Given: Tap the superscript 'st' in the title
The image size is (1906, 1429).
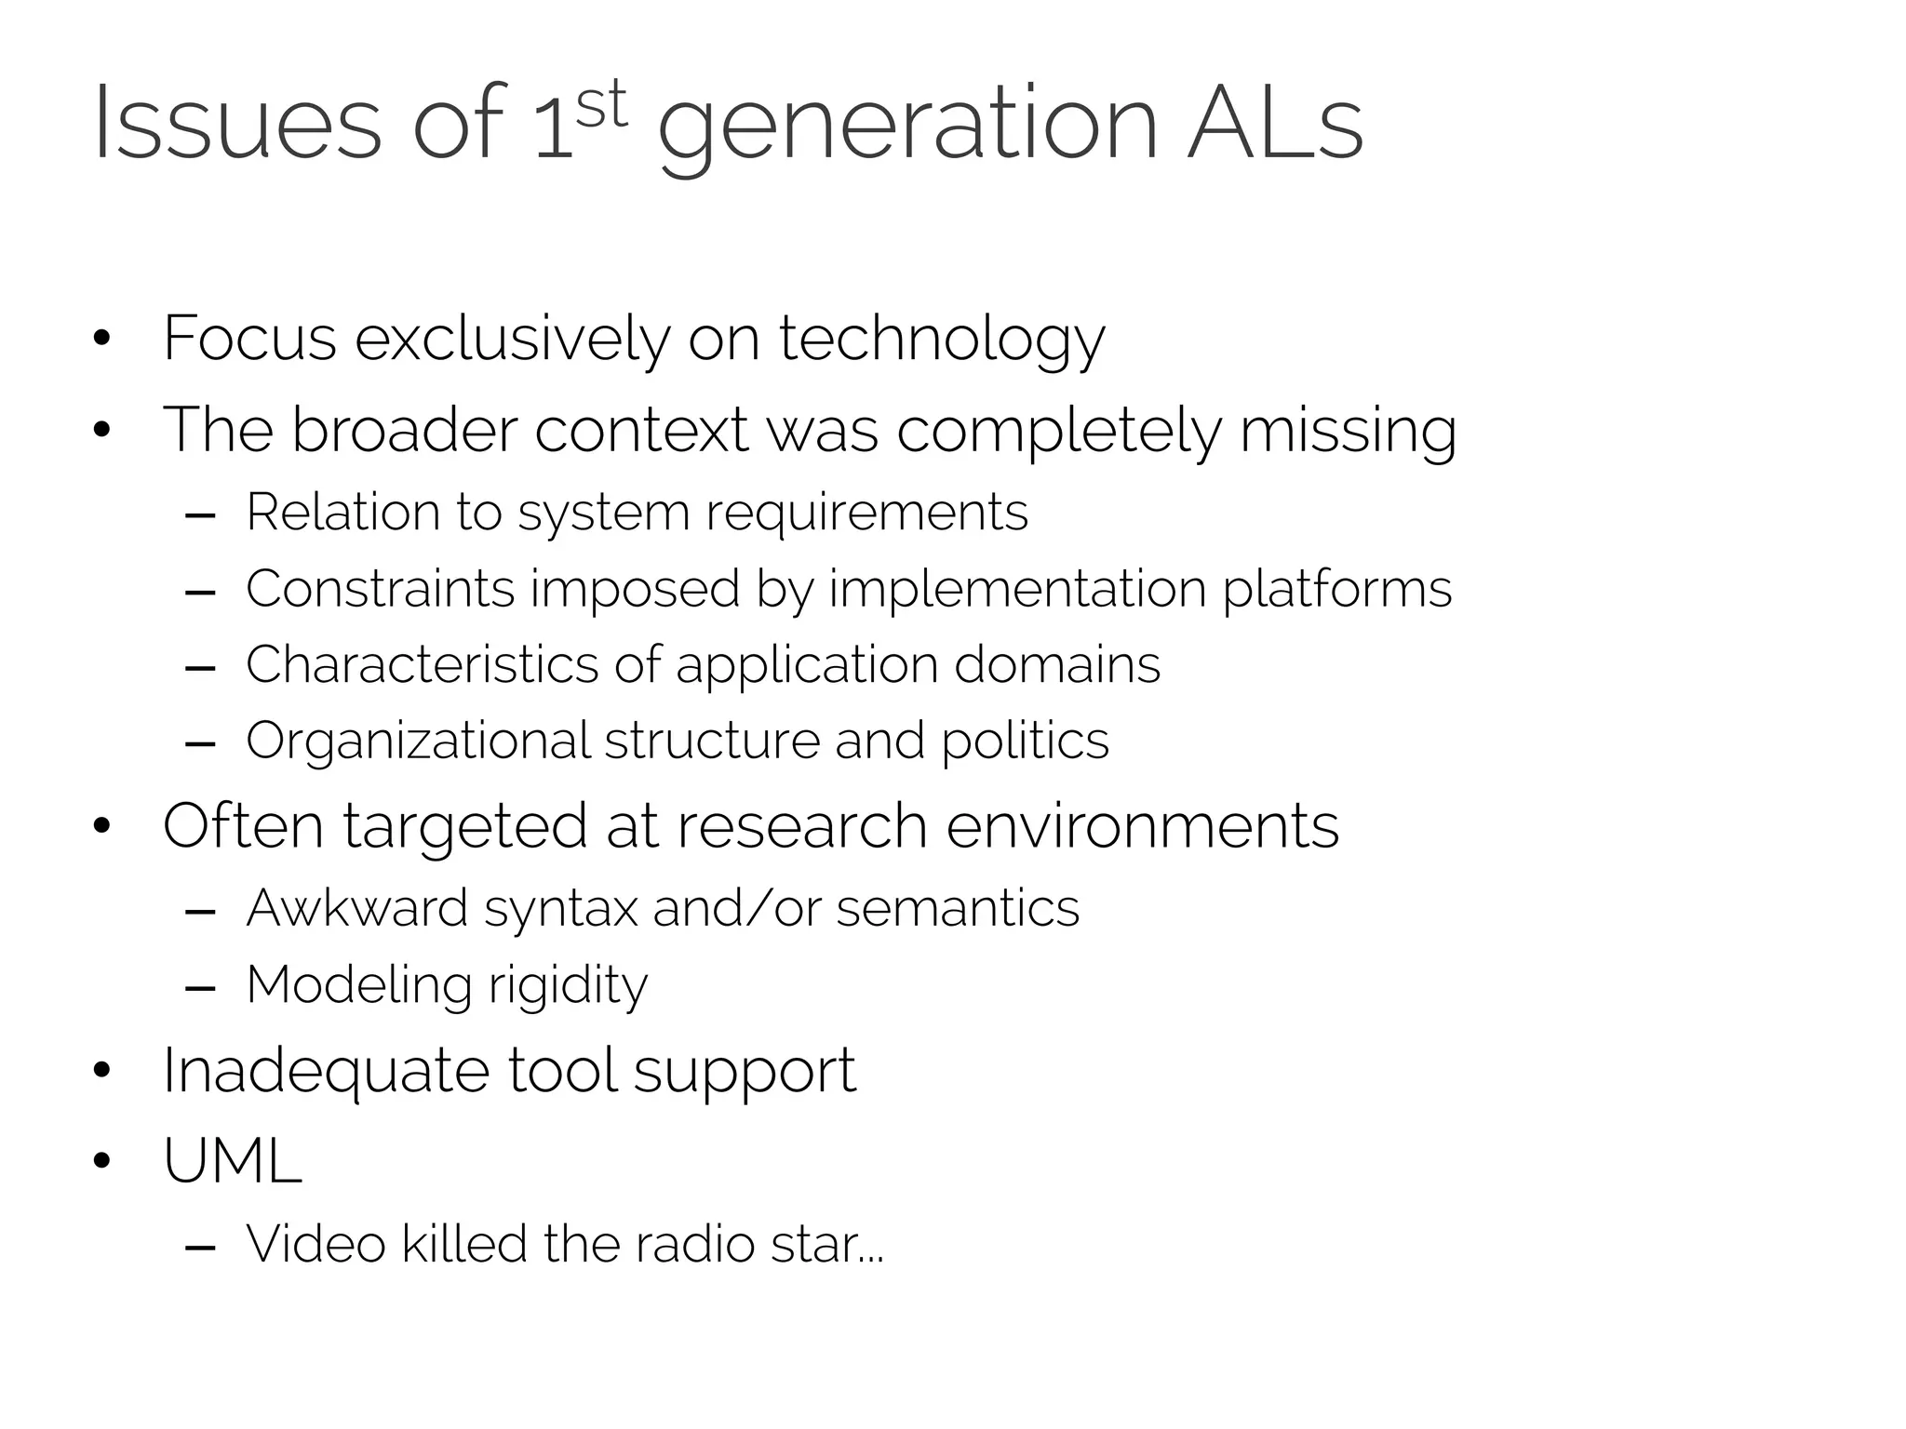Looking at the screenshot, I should click(601, 106).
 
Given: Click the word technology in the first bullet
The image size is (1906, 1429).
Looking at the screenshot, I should click(941, 340).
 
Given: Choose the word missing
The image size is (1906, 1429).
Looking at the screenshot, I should click(1348, 432).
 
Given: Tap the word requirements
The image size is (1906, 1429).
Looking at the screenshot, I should click(866, 514).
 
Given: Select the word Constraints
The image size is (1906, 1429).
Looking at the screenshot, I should click(380, 589).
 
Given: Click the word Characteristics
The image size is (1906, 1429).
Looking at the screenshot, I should click(422, 665).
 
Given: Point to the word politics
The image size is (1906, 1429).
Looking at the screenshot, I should click(1025, 742).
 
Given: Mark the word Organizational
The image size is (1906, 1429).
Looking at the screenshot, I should click(418, 742).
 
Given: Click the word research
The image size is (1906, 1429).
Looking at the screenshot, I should click(801, 826).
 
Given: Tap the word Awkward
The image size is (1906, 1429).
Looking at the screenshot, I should click(356, 908).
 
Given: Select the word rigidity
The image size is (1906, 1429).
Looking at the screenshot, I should click(567, 986).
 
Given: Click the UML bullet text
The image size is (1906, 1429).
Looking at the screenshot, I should click(233, 1161).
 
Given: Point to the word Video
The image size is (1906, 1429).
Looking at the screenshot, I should click(315, 1244).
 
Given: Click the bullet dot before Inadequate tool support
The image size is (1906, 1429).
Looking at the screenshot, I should click(102, 1071).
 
